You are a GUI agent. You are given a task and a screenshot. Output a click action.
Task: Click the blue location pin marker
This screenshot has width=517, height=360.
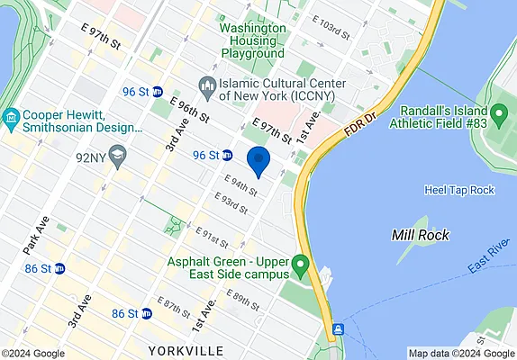coord(258,161)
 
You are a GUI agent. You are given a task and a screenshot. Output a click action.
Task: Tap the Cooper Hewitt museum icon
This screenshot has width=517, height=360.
coord(11,118)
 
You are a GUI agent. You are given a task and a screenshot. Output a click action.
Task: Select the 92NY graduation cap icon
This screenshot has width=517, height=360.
coord(117,157)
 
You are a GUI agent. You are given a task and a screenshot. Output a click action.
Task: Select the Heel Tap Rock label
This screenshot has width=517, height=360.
coord(458,190)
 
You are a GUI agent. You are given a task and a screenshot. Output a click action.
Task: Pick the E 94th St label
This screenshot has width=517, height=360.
coord(240,186)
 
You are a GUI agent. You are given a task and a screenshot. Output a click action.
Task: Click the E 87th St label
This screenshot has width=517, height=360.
coord(173,306)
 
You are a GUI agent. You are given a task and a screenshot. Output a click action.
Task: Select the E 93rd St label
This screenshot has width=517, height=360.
coord(231,203)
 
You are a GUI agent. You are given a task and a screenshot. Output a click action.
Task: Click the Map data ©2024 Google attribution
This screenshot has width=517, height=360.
coord(459,354)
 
